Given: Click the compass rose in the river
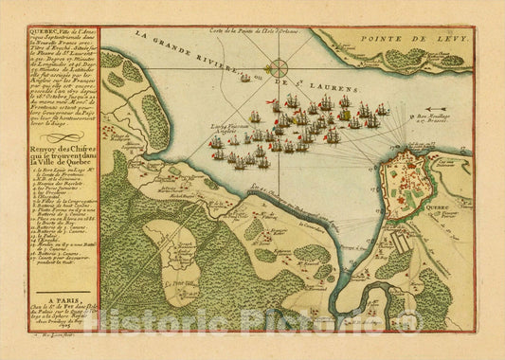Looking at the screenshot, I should [x=280, y=69].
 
